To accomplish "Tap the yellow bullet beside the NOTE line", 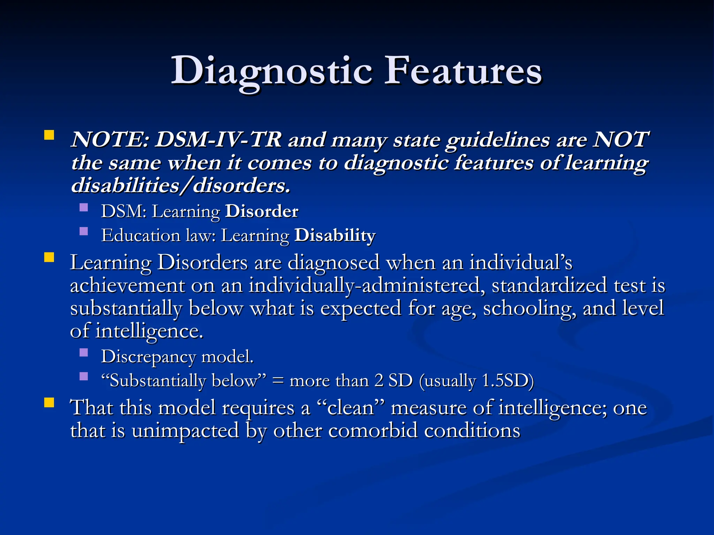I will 49,135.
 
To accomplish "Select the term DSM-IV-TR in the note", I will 218,140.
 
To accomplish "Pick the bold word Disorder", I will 261,211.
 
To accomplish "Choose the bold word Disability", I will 335,235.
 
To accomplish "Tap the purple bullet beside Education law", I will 84,231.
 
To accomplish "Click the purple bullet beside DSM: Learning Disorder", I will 84,208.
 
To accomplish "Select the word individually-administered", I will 366,286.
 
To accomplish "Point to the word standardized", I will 549,286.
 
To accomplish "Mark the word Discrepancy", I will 148,357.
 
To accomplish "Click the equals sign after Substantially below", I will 278,381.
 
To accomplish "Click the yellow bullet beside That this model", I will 49,403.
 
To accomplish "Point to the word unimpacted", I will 185,431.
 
